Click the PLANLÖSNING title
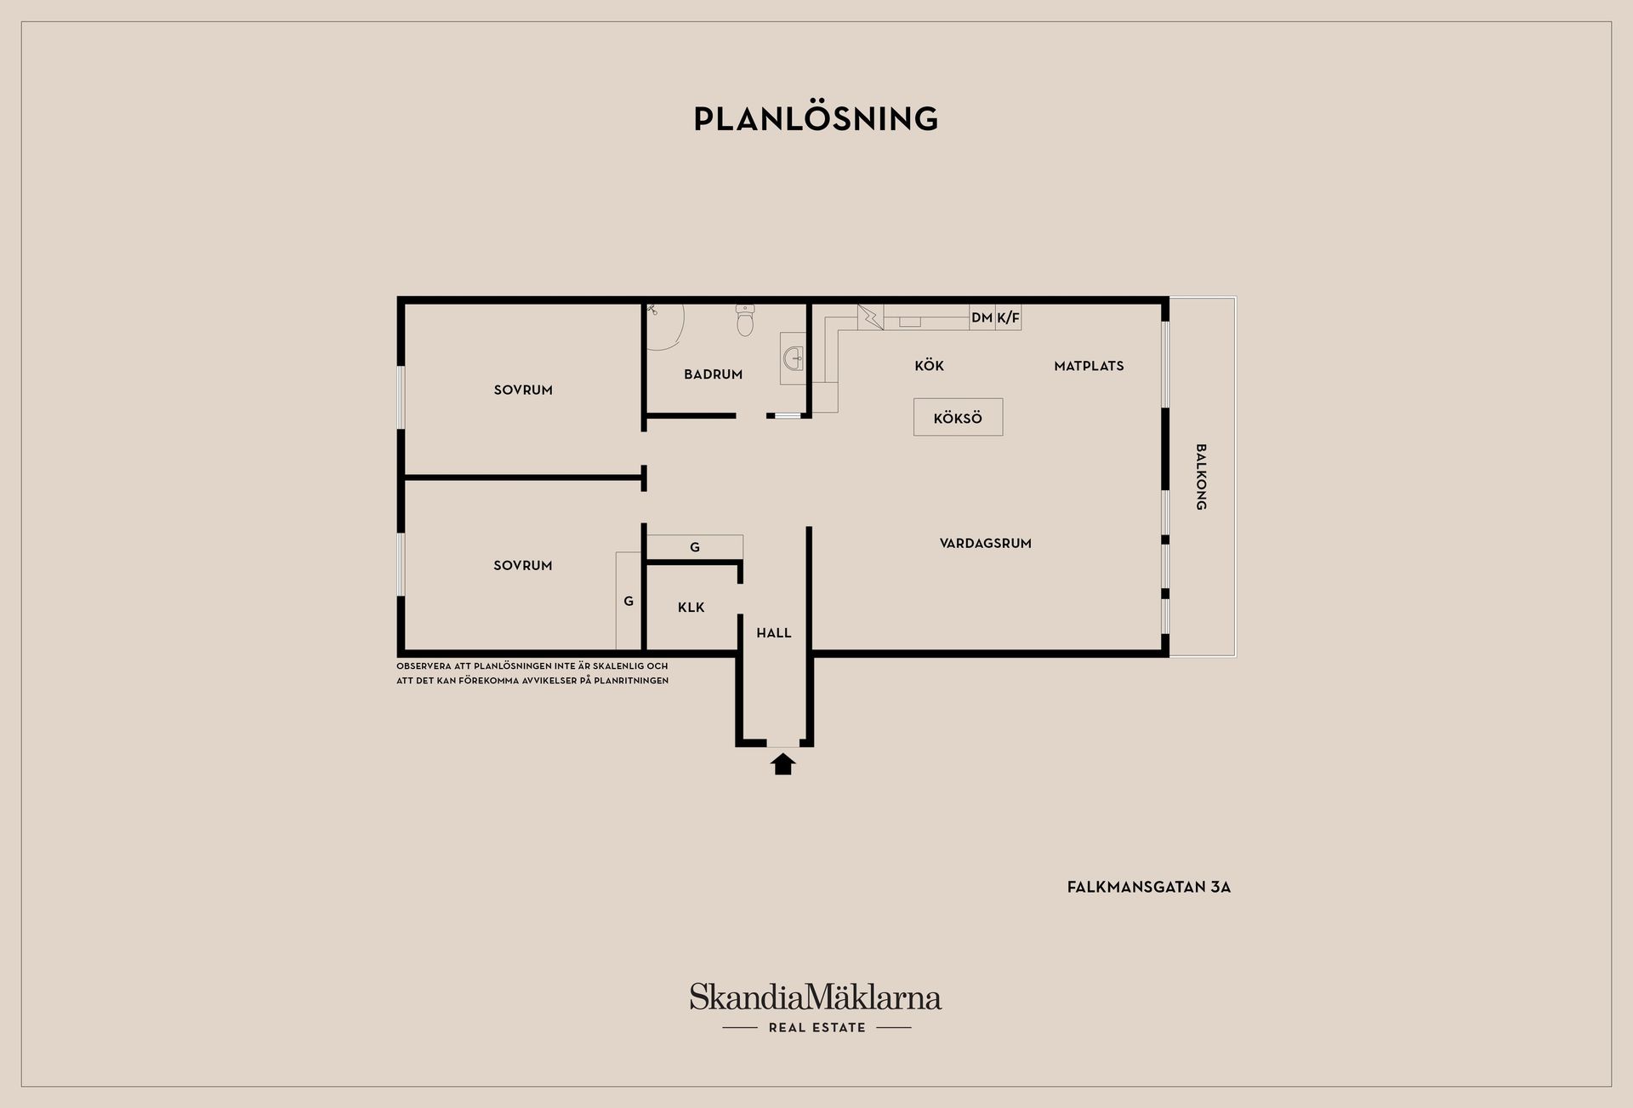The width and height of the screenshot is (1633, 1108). click(816, 118)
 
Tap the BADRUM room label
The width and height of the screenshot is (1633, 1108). click(713, 374)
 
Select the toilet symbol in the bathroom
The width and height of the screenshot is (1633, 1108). click(745, 320)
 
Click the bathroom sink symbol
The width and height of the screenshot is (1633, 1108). click(794, 358)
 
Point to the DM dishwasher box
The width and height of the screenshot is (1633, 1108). click(982, 317)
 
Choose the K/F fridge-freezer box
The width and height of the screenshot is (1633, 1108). click(1008, 317)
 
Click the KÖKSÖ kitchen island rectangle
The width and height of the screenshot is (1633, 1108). click(958, 418)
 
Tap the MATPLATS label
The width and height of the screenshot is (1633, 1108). click(1089, 366)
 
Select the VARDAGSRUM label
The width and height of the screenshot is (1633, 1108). click(985, 543)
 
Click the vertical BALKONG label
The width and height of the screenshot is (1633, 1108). click(1201, 477)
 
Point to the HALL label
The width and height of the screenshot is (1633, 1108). click(774, 633)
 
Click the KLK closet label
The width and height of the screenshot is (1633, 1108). click(691, 608)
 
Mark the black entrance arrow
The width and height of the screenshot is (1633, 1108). click(783, 763)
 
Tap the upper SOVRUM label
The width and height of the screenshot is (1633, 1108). click(523, 390)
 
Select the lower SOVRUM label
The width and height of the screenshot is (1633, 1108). click(523, 565)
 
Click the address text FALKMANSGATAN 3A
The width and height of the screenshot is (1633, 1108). click(1149, 887)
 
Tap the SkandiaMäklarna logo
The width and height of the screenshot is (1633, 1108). click(816, 997)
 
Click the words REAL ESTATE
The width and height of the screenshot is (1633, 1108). click(816, 1028)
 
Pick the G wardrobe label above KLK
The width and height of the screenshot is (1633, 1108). click(695, 547)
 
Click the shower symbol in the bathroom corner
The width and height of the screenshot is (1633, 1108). click(665, 327)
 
